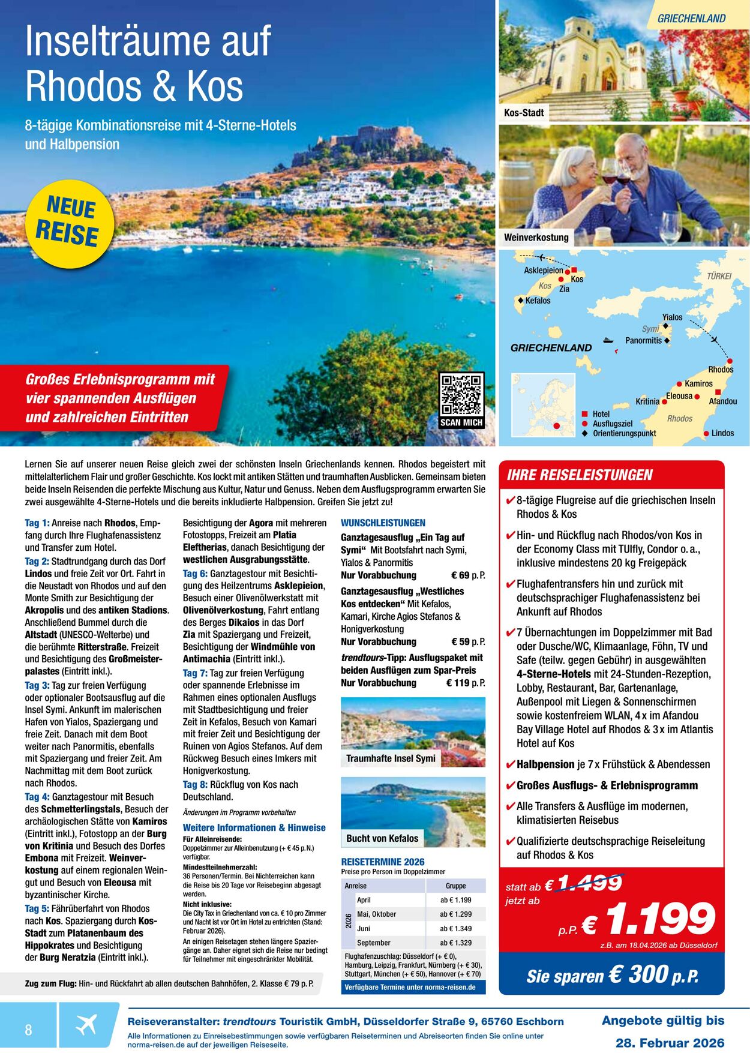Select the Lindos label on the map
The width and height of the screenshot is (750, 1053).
[x=722, y=433]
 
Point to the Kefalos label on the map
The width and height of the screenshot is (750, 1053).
[x=538, y=301]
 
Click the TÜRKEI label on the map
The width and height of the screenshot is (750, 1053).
[x=719, y=276]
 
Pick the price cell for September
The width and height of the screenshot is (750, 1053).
[x=455, y=943]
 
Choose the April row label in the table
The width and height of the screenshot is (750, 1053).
[x=364, y=900]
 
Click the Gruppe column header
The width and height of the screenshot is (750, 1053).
[x=455, y=886]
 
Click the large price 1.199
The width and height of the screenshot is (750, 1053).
[x=660, y=920]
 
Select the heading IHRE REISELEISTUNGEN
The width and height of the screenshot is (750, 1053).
[x=579, y=475]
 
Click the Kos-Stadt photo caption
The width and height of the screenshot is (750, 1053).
[x=524, y=112]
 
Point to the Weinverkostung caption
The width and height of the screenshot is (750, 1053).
[x=536, y=237]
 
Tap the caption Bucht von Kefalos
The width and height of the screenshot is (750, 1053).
[x=382, y=838]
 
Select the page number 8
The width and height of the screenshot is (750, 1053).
[x=28, y=1030]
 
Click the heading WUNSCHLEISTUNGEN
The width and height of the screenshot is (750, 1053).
[x=383, y=523]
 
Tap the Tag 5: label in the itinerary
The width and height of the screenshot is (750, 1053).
[x=37, y=908]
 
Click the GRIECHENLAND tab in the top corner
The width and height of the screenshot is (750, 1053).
[x=691, y=19]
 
